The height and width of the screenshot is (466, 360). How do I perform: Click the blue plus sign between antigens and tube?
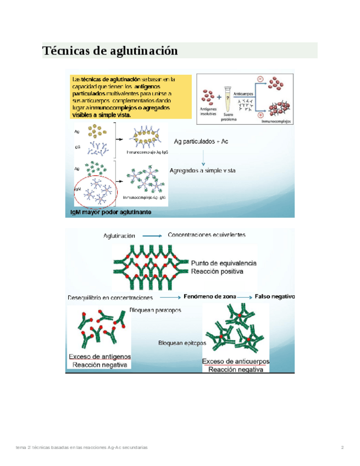[x=219, y=96]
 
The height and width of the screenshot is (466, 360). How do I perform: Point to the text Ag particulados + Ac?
[x=201, y=141]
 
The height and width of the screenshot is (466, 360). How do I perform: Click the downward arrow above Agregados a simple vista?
[x=203, y=157]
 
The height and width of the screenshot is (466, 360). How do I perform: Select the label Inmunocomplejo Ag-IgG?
[x=147, y=151]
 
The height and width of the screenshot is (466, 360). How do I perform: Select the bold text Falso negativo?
[x=274, y=296]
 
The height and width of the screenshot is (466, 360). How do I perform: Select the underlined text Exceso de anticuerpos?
[x=236, y=361]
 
